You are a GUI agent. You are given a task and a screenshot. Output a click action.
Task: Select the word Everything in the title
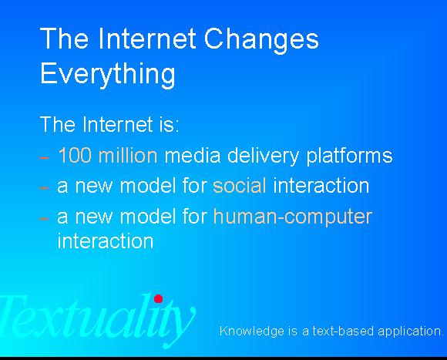(x=107, y=75)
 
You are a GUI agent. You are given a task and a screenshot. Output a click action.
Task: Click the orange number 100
(x=73, y=156)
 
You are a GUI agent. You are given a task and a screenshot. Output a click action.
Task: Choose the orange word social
(x=240, y=186)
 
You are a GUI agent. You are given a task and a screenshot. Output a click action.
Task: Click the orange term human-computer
(x=292, y=217)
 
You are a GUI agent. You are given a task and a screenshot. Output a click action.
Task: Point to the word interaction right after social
(x=321, y=186)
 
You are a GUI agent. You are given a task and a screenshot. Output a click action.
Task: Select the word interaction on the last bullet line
(x=106, y=241)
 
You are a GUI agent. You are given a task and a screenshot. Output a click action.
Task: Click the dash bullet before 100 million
(x=45, y=157)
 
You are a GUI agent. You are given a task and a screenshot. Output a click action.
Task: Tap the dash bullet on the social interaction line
(x=45, y=187)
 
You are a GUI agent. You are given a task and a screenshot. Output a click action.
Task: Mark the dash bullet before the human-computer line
(x=45, y=218)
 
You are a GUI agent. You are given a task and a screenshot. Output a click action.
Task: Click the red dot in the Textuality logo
(x=158, y=298)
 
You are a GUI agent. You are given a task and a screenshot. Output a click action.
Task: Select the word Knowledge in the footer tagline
(x=250, y=331)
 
